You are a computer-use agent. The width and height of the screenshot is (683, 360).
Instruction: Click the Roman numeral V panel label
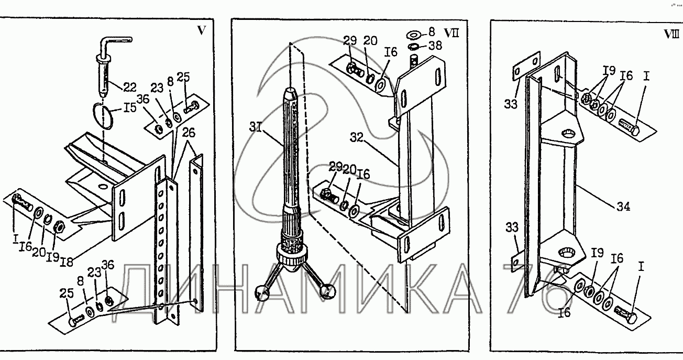click(x=201, y=30)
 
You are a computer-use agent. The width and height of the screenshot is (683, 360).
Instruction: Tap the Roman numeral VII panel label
click(x=451, y=33)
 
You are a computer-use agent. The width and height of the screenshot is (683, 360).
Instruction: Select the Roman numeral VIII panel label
click(x=671, y=34)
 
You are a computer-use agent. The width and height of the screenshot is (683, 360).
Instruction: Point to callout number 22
click(x=129, y=88)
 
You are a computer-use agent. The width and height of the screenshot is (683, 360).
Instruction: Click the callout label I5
click(x=129, y=107)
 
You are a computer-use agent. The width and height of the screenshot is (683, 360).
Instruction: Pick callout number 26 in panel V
click(x=189, y=133)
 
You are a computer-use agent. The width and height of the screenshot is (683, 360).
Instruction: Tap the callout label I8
click(x=67, y=261)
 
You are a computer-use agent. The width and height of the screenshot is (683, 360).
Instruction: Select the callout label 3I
click(x=256, y=127)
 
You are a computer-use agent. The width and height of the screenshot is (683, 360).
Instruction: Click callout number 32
click(x=357, y=138)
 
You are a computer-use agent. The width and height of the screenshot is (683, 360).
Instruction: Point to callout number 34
click(x=623, y=206)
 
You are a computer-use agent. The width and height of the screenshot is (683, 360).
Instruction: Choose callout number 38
click(x=435, y=46)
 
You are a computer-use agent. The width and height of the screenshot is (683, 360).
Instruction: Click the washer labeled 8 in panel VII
click(x=414, y=35)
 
